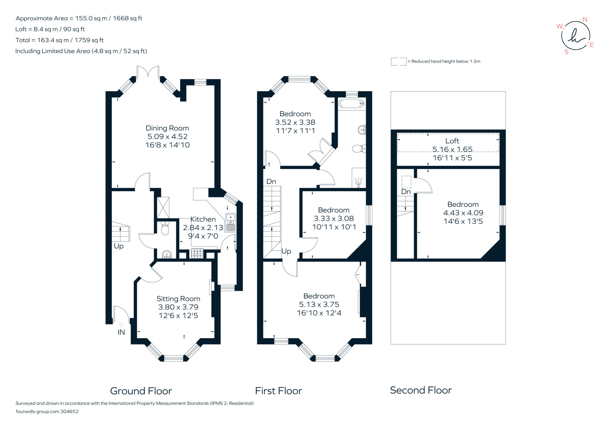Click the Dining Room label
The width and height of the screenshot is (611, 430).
(167, 128)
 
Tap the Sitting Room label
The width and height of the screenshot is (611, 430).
(178, 299)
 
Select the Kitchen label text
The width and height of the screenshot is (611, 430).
(203, 219)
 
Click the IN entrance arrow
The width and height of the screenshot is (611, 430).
(121, 325)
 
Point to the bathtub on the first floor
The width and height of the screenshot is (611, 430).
(351, 104)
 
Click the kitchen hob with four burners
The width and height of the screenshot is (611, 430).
(197, 253)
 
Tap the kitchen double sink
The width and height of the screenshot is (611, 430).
(231, 222)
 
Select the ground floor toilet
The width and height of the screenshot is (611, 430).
(165, 228)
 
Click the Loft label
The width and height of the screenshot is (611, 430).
(452, 141)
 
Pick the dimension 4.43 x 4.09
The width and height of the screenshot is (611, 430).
(463, 213)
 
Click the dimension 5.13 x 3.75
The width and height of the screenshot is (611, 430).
(319, 304)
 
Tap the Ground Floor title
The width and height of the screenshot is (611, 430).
(141, 391)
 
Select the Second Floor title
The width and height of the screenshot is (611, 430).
(421, 390)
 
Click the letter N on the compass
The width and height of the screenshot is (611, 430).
(585, 20)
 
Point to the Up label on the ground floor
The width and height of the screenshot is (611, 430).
(119, 246)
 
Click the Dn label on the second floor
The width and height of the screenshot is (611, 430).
(406, 192)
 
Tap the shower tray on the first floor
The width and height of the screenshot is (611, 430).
(359, 178)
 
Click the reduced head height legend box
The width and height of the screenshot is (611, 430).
(399, 61)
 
